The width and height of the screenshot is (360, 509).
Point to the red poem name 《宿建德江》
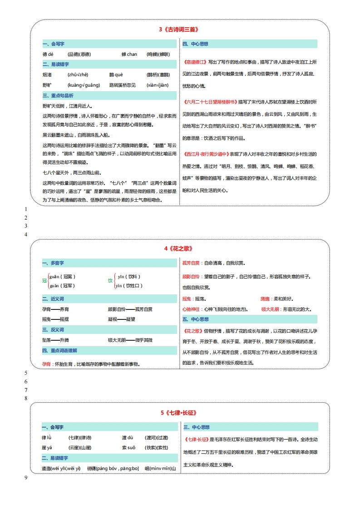pyautogui.click(x=195, y=62)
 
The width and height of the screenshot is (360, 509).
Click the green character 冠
pyautogui.click(x=44, y=281)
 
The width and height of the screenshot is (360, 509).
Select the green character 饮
pyautogui.click(x=110, y=281)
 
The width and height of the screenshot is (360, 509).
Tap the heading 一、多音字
pyautogui.click(x=53, y=263)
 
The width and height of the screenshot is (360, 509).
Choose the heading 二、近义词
pyautogui.click(x=53, y=299)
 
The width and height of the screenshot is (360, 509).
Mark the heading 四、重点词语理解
pyautogui.click(x=59, y=351)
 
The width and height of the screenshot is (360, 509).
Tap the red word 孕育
pyautogui.click(x=46, y=364)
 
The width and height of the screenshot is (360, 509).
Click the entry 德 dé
pyautogui.click(x=48, y=54)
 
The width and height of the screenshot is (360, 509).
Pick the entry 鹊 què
pyautogui.click(x=116, y=74)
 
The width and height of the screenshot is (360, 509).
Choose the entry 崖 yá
pyautogui.click(x=47, y=447)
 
